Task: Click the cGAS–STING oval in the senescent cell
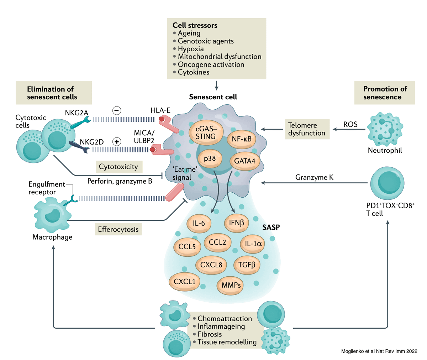[x=206, y=132]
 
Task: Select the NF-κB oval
[x=242, y=139]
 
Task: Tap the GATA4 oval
[x=244, y=161]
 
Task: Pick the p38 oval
[x=210, y=158]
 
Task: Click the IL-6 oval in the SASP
[x=199, y=224]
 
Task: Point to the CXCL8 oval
[x=211, y=265]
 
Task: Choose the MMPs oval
[x=231, y=285]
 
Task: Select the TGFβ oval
[x=247, y=265]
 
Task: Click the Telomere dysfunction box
[x=307, y=129]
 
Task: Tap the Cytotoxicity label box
[x=118, y=166]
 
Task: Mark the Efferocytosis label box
[x=118, y=229]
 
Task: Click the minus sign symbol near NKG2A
[x=116, y=110]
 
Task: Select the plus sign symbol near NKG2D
[x=116, y=141]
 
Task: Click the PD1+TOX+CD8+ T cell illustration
[x=387, y=183]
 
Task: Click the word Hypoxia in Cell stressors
[x=191, y=49]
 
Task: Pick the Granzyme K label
[x=314, y=177]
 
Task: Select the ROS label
[x=350, y=124]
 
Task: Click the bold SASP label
[x=271, y=227]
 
